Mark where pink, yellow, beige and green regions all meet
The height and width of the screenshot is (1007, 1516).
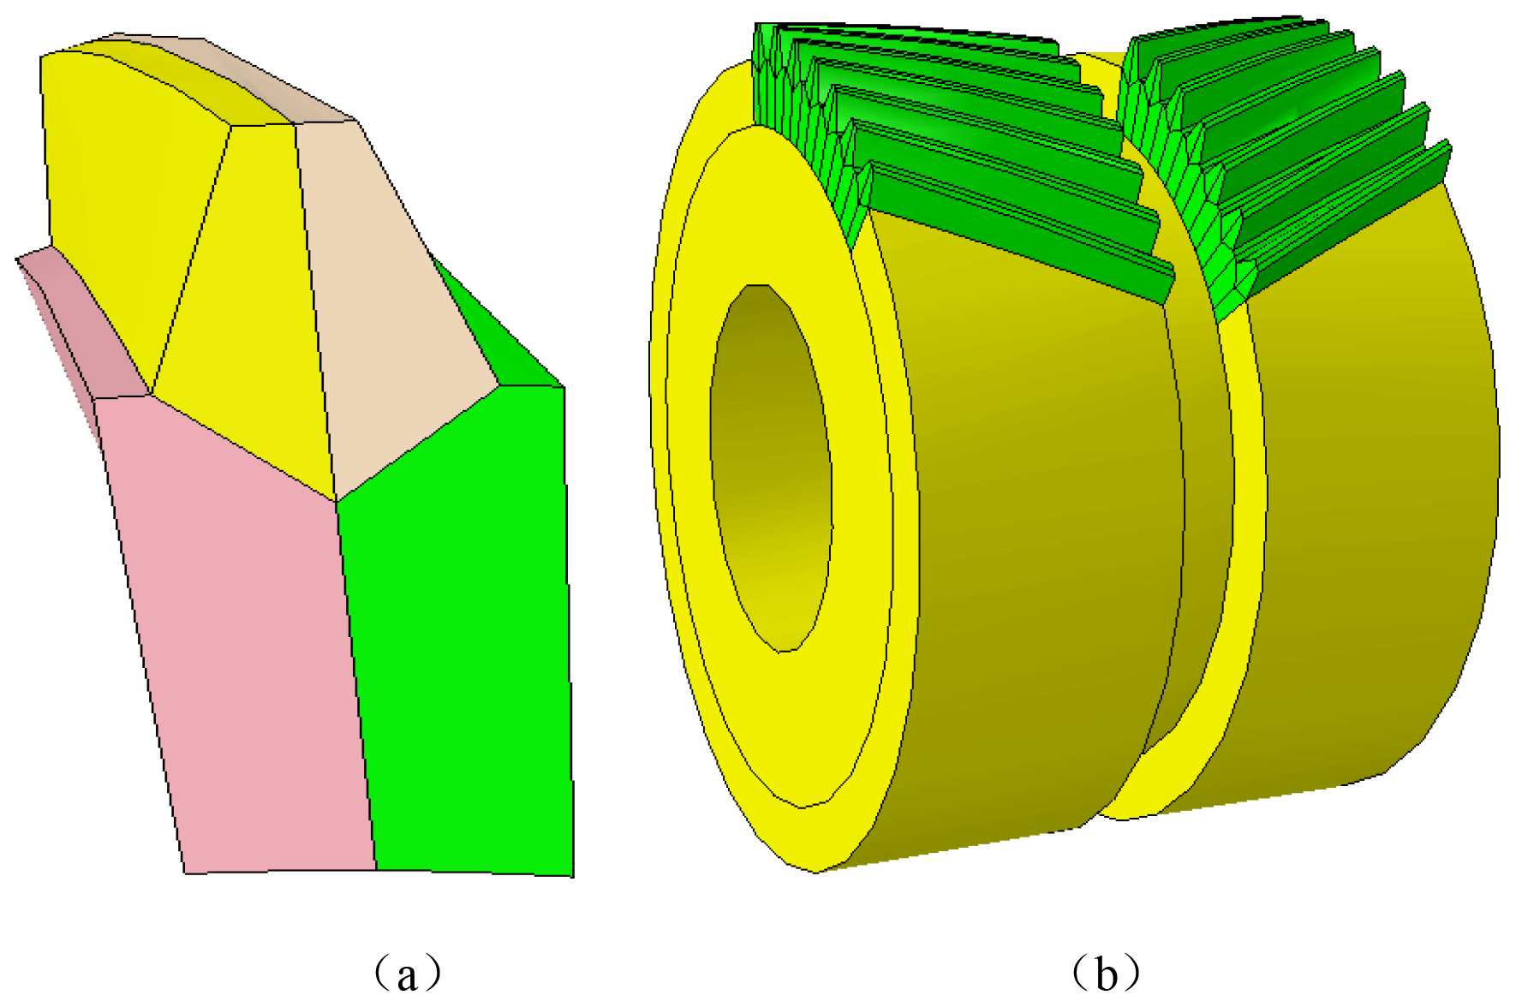click(x=336, y=502)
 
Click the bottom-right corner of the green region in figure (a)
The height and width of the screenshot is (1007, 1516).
click(x=573, y=876)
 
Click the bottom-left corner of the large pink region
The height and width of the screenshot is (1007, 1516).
click(x=185, y=873)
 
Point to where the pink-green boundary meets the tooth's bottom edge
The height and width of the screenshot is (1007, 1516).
click(x=376, y=870)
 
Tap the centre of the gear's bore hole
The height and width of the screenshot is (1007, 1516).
click(x=770, y=468)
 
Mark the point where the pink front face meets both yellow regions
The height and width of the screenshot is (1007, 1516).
click(x=151, y=395)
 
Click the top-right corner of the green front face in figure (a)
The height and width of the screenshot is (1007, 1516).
click(x=564, y=387)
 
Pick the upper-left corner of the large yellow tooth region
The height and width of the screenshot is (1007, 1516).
click(x=41, y=57)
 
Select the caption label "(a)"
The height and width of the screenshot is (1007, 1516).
click(x=409, y=974)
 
